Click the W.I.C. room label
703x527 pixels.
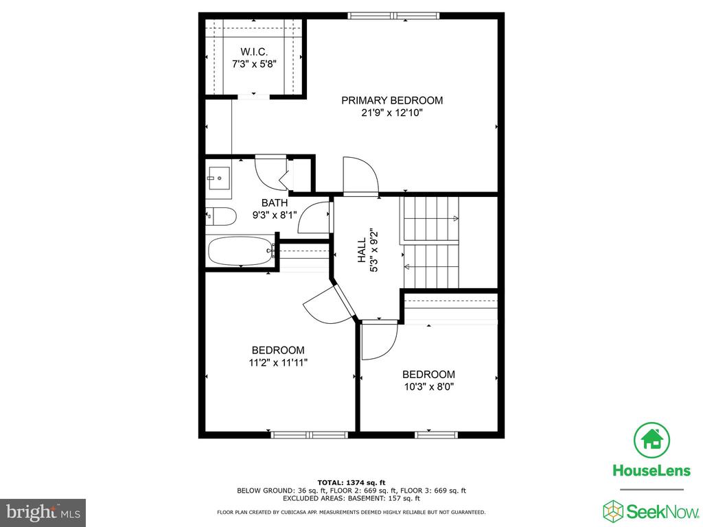254,52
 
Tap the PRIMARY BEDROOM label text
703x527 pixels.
392,100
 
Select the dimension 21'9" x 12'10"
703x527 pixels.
392,113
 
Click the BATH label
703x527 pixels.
275,203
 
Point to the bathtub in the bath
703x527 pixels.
241,251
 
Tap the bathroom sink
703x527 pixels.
219,178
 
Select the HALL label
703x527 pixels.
362,250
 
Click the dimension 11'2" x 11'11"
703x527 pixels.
278,362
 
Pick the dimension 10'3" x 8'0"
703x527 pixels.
429,387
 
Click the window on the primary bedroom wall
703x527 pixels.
393,16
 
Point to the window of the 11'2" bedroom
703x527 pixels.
310,434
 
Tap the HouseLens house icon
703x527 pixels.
652,440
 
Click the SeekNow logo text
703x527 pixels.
662,511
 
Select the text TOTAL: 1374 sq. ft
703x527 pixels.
351,482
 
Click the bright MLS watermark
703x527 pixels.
43,512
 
